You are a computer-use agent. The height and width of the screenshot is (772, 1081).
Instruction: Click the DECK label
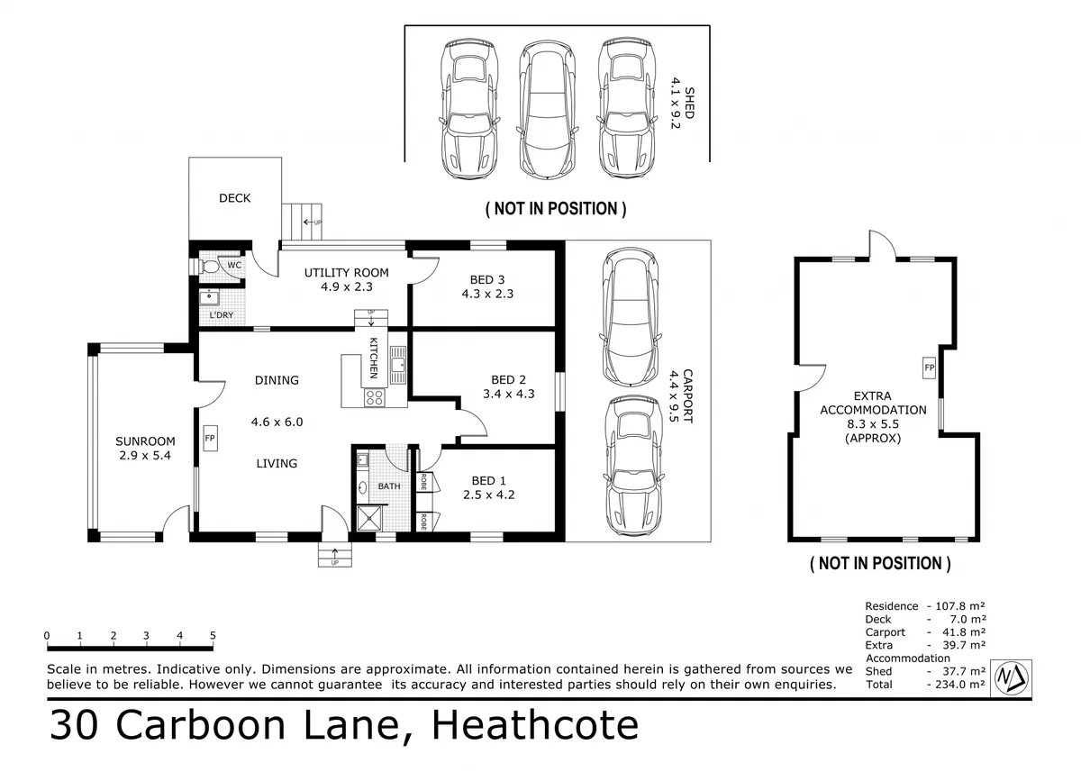pyautogui.click(x=234, y=198)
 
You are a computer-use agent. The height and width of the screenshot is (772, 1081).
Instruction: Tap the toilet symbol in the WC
pyautogui.click(x=208, y=267)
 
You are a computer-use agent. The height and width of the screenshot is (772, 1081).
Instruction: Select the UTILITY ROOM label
pyautogui.click(x=347, y=273)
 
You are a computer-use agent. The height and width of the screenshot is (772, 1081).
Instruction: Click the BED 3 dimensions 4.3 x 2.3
pyautogui.click(x=487, y=294)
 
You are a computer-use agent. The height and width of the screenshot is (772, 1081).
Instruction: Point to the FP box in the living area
pyautogui.click(x=210, y=438)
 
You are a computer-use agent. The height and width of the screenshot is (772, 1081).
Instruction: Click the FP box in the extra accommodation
pyautogui.click(x=929, y=368)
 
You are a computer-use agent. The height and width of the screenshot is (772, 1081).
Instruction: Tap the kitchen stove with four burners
pyautogui.click(x=375, y=397)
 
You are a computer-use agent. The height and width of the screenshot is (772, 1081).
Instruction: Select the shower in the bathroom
pyautogui.click(x=369, y=518)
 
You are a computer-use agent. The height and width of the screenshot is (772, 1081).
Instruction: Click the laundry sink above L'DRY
pyautogui.click(x=209, y=297)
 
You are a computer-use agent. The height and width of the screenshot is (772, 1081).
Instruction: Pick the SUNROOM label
pyautogui.click(x=145, y=441)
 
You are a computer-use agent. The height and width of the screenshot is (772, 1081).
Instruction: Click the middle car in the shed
pyautogui.click(x=548, y=110)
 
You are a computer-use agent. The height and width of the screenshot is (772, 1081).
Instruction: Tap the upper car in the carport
pyautogui.click(x=631, y=317)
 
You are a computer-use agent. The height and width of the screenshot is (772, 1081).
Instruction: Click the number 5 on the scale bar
pyautogui.click(x=213, y=635)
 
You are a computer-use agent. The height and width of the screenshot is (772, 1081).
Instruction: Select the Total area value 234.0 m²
pyautogui.click(x=959, y=685)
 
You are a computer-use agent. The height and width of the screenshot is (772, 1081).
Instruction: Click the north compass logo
pyautogui.click(x=1011, y=678)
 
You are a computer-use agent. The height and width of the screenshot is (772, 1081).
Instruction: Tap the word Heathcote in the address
pyautogui.click(x=535, y=725)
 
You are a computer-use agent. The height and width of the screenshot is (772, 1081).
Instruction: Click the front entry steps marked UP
pyautogui.click(x=335, y=554)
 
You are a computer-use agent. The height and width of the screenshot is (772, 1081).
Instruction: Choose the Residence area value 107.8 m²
pyautogui.click(x=959, y=606)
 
